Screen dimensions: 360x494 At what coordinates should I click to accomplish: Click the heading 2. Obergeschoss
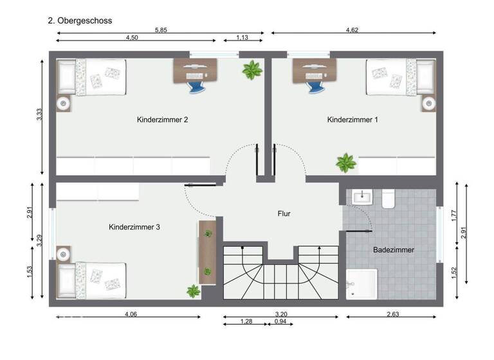coord(80,21)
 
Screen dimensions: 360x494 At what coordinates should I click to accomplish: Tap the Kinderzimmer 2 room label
coord(162,120)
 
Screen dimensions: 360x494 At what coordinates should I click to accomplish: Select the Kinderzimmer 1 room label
coord(352,120)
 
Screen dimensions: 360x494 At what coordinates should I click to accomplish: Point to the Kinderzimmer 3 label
coord(134,227)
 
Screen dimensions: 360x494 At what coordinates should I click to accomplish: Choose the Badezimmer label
coord(394,249)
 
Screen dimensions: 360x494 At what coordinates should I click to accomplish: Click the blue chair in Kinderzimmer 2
coord(195,84)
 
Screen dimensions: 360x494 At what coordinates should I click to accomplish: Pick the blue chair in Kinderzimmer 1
coord(315,84)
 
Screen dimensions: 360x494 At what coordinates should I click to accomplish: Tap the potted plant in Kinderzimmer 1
coord(346,163)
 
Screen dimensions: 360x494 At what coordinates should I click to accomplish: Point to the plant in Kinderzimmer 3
coord(194,291)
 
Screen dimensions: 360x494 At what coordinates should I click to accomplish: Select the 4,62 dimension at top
coord(352,29)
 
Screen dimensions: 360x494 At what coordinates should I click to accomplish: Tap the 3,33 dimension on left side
coord(39,116)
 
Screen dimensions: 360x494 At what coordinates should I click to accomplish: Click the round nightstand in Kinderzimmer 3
coord(63,254)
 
